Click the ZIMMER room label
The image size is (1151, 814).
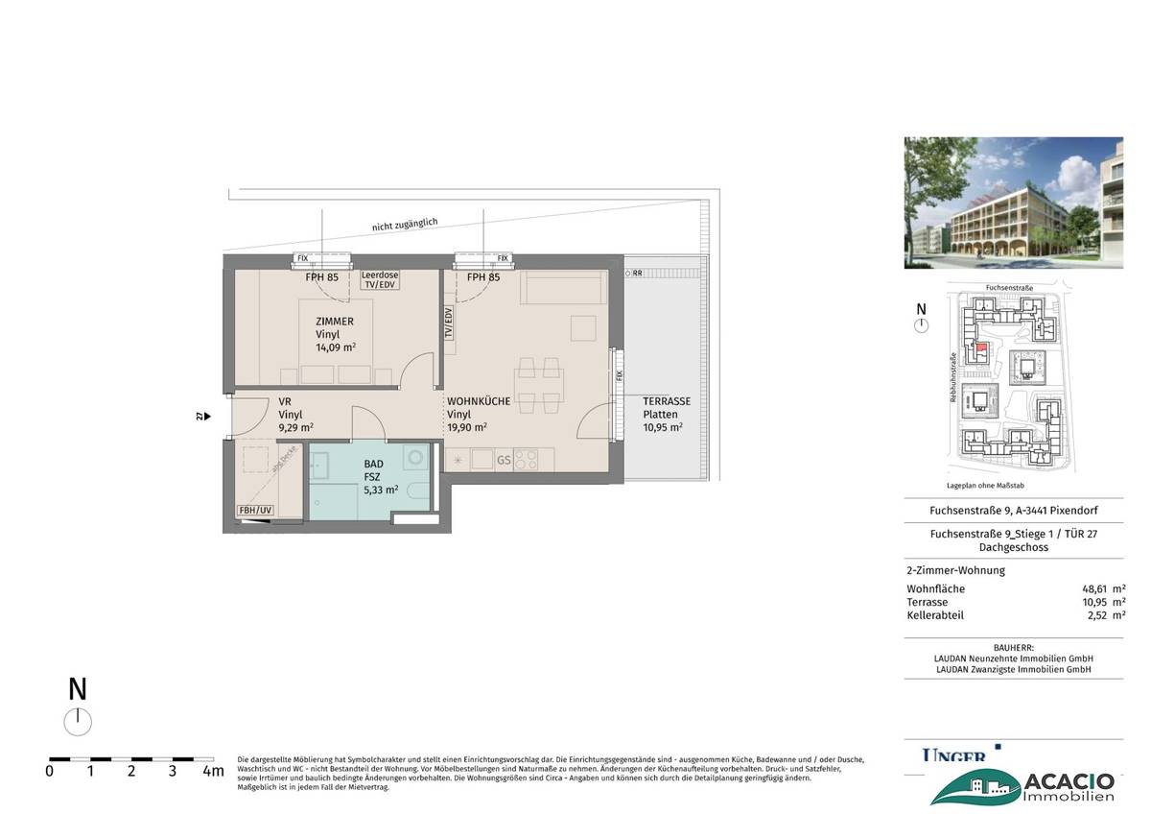coord(335,322)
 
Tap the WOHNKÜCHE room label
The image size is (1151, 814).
coord(478,401)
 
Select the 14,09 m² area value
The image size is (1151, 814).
coord(336,347)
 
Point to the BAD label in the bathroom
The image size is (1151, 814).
coord(373,463)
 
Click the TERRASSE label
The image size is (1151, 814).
coord(666,401)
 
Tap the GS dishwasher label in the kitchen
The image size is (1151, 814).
coord(504,461)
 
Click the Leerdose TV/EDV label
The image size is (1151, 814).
coord(380,279)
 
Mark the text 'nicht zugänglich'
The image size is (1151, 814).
coord(405,224)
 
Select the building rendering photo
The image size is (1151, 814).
coord(1013,203)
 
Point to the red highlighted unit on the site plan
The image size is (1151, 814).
coord(980,348)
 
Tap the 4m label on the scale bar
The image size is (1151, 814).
coord(213,770)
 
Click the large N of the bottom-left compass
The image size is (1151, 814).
coord(78,689)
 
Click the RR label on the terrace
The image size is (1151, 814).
coord(638,273)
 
